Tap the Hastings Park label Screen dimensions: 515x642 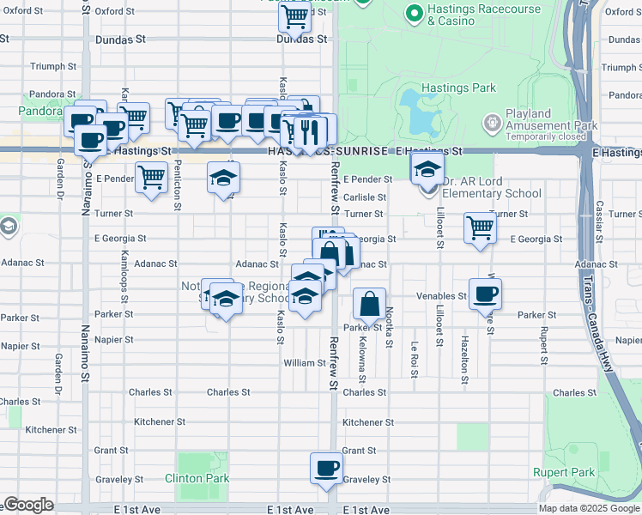coord(459,88)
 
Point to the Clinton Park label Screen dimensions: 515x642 coord(197,478)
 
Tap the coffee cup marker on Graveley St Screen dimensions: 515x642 coord(326,469)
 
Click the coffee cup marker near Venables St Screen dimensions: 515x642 coord(485,294)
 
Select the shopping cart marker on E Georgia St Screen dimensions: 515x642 coord(479,228)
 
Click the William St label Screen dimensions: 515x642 coord(305,363)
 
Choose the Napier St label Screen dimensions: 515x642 coord(116,339)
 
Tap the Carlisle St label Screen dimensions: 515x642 coord(365,197)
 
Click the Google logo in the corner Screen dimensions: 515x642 coord(28,505)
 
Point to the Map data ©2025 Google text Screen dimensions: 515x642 coord(588,508)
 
